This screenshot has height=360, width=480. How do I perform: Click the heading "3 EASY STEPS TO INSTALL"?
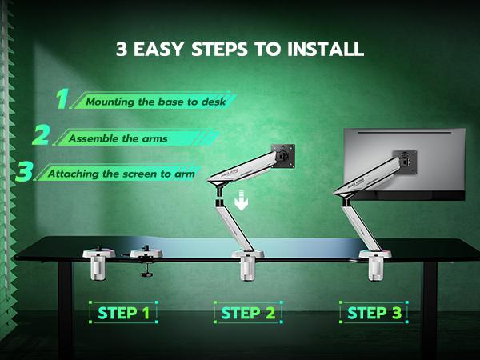pos(240,49)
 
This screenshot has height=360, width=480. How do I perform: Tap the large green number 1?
pos(62,99)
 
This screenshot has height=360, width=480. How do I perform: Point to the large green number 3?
pos(25,171)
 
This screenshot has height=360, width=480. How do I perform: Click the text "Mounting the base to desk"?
pos(150,102)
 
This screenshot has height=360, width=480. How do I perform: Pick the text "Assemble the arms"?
pos(118,138)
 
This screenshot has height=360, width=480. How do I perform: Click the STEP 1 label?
pos(123,312)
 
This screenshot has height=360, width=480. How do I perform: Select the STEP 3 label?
pos(374,312)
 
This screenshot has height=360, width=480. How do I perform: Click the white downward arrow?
pos(241,202)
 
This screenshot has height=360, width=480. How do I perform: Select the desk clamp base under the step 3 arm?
pos(374,265)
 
